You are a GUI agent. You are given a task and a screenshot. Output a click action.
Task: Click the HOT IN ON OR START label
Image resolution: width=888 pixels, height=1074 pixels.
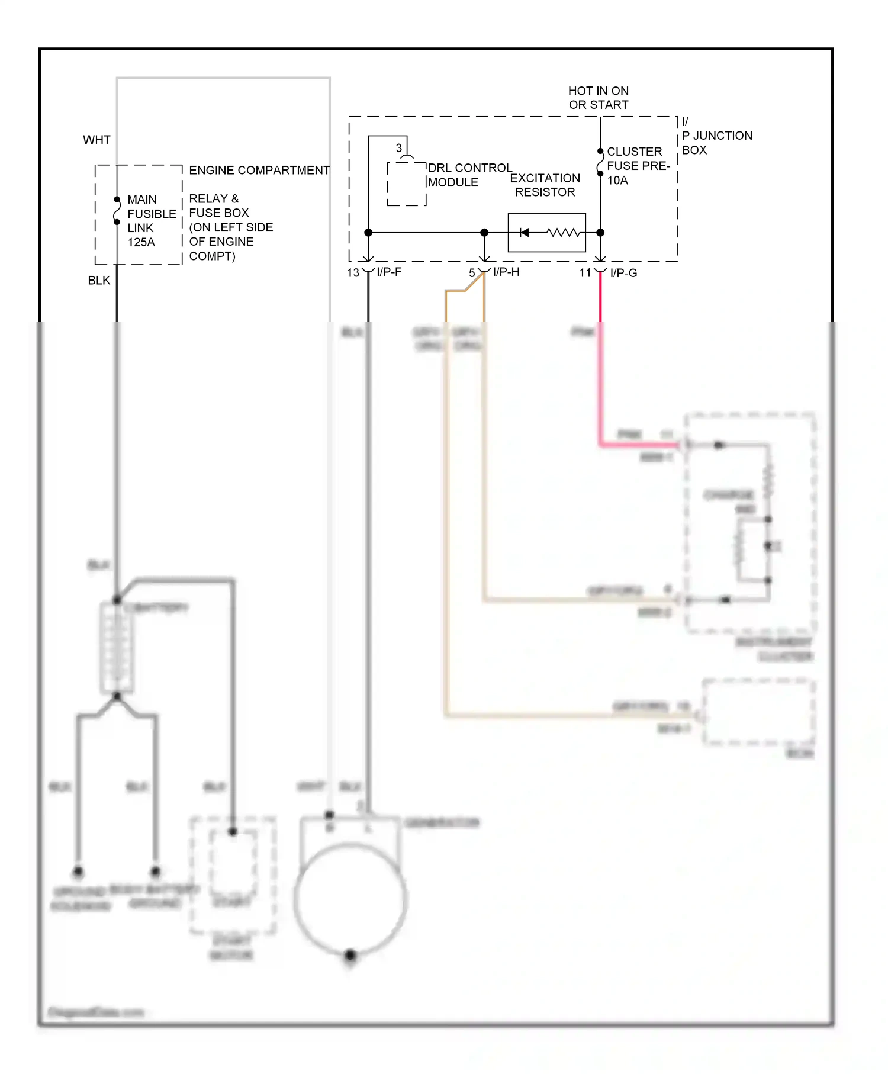599,98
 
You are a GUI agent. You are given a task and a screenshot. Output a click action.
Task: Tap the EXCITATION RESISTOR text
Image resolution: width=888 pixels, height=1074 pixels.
545,185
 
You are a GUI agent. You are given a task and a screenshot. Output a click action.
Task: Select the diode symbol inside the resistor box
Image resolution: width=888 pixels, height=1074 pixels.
524,233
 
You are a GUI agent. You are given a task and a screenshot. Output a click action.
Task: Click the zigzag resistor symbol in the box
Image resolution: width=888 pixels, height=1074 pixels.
563,233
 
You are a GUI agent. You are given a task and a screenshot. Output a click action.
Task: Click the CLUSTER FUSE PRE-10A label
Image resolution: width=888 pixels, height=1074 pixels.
637,166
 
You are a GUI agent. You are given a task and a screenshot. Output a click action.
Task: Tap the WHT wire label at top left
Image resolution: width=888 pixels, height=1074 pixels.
96,140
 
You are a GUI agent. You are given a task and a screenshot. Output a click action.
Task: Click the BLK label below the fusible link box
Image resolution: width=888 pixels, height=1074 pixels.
99,280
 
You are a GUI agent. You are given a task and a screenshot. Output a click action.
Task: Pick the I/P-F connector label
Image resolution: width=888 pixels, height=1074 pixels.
389,272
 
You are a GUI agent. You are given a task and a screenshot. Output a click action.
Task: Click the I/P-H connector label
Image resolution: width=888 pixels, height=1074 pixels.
506,272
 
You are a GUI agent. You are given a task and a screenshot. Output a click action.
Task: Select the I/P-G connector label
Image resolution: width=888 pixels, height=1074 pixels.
623,273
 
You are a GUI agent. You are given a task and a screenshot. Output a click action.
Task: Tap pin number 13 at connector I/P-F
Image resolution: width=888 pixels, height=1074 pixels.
353,273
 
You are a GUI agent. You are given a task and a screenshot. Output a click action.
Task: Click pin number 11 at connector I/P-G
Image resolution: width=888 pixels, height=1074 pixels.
585,273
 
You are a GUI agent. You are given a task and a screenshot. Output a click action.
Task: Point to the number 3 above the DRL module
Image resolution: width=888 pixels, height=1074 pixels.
398,147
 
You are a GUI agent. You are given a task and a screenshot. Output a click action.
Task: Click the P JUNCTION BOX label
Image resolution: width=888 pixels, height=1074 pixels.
716,142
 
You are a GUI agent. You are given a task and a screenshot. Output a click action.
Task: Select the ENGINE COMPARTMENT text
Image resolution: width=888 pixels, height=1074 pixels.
259,170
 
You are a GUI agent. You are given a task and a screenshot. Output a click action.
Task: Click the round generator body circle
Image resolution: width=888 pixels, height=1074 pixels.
350,900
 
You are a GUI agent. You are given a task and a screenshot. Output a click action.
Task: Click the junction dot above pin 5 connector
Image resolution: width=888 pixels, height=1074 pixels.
484,233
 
